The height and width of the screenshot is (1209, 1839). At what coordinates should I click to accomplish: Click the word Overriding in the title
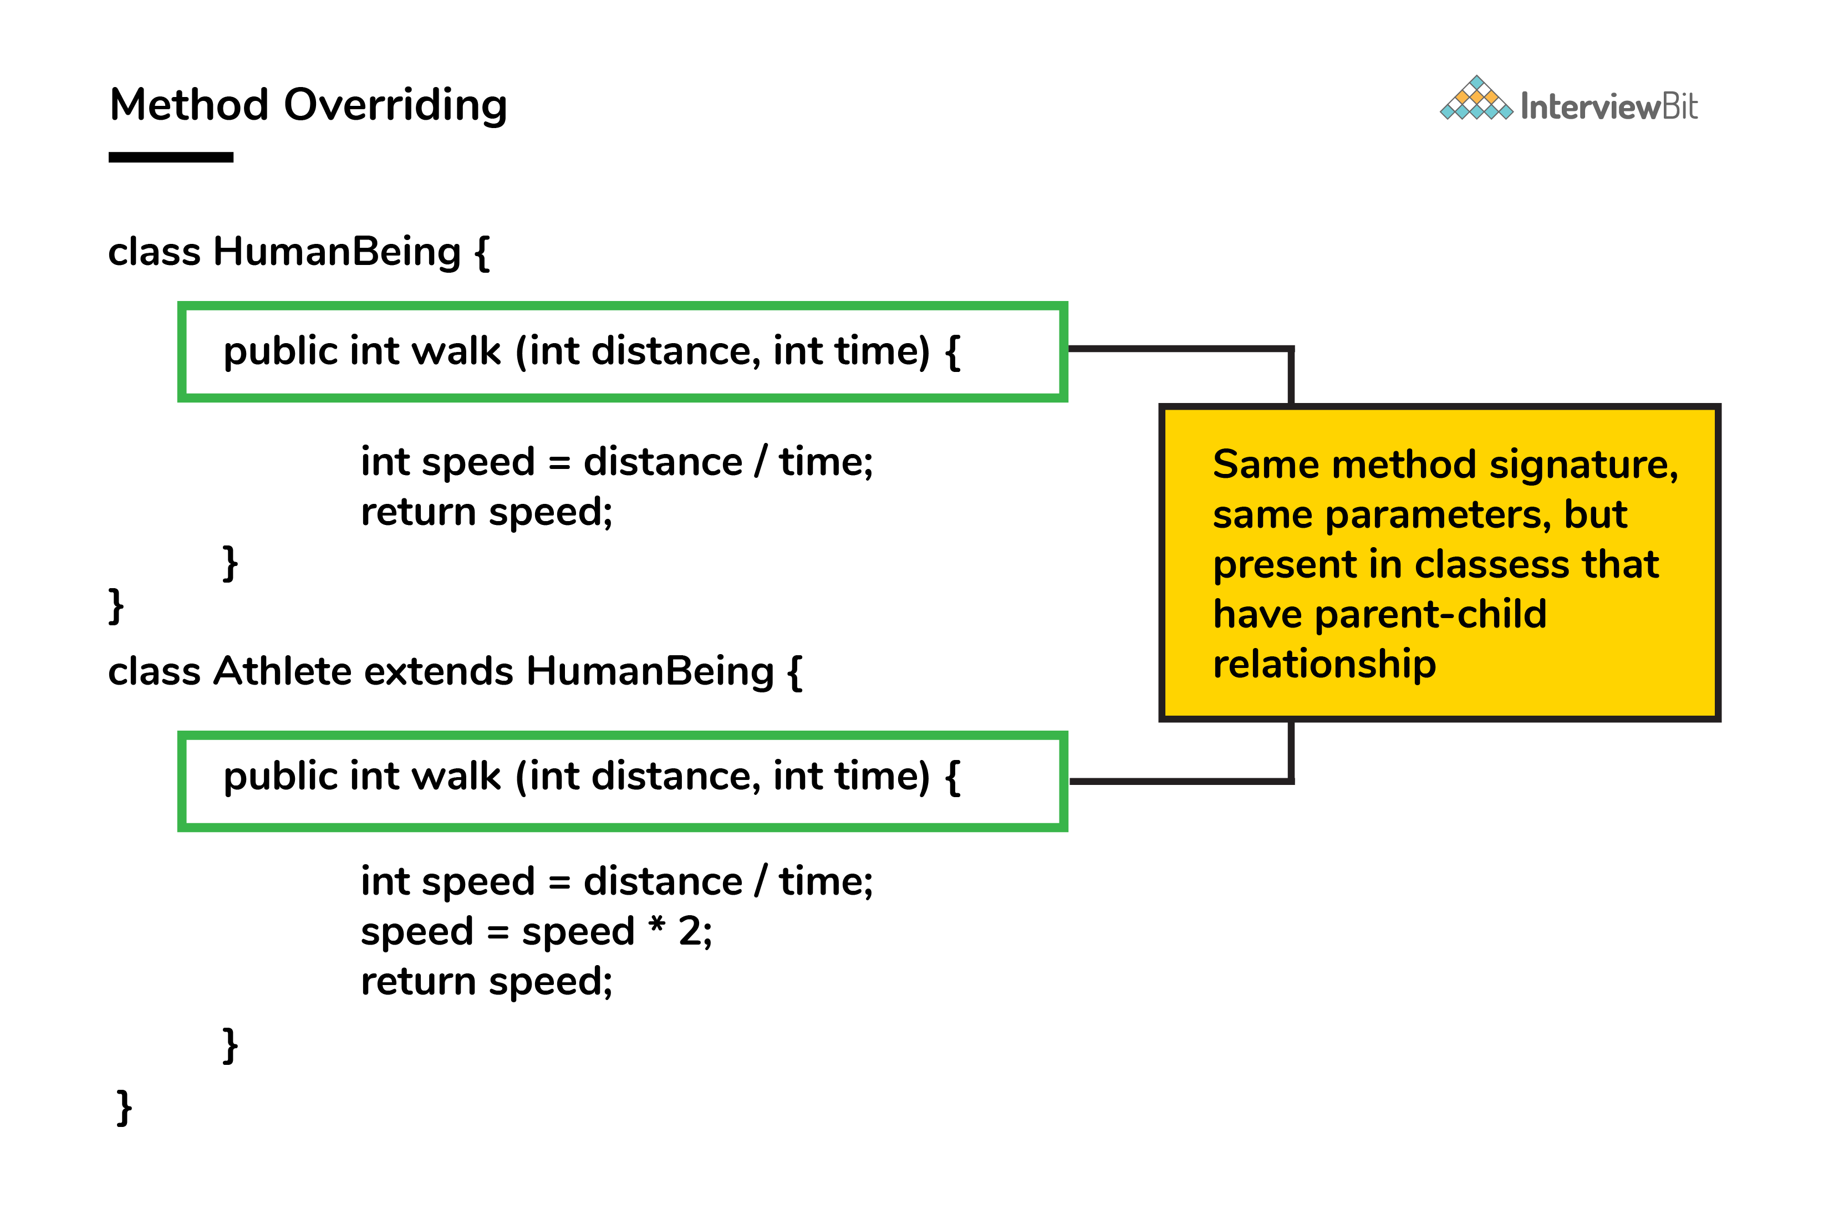[396, 106]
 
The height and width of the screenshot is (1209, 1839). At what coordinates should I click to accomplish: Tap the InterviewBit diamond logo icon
[1476, 98]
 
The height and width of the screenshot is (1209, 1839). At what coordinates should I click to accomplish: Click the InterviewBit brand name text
[1609, 106]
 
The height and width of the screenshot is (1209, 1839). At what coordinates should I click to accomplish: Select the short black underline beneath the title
[171, 157]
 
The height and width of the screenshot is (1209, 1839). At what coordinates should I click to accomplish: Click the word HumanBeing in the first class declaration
[337, 252]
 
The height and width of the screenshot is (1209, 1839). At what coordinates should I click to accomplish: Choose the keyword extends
[439, 671]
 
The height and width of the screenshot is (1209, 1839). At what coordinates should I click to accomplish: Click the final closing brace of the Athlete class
[124, 1108]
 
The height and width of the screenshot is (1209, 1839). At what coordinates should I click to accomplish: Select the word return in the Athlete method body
[418, 982]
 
